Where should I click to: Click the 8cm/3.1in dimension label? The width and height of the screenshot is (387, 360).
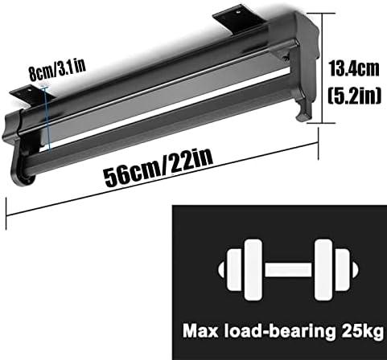pyautogui.click(x=57, y=71)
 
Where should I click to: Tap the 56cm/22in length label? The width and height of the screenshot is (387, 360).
pyautogui.click(x=159, y=168)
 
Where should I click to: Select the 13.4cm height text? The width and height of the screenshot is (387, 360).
pyautogui.click(x=354, y=69)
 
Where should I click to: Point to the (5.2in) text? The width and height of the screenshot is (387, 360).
pyautogui.click(x=355, y=96)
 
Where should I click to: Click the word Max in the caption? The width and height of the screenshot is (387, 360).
pyautogui.click(x=200, y=331)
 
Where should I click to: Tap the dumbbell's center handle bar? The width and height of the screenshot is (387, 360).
pyautogui.click(x=288, y=269)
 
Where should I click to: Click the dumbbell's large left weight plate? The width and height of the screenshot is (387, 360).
pyautogui.click(x=253, y=269)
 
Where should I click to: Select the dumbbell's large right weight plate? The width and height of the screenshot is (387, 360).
pyautogui.click(x=323, y=269)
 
